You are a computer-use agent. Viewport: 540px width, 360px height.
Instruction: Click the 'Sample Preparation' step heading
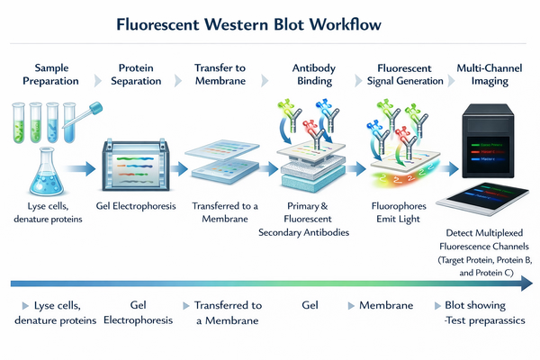45,74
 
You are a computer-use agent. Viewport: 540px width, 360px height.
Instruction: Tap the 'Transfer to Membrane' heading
221,74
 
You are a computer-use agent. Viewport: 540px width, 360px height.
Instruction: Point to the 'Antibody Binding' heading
314,74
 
